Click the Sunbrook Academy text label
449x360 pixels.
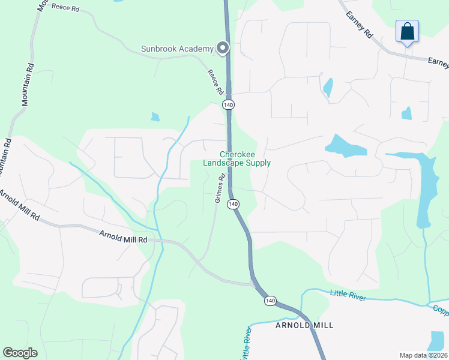click(177, 49)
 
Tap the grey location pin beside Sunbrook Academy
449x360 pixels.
click(223, 48)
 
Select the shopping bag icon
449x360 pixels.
click(407, 32)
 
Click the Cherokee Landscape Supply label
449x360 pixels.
click(237, 158)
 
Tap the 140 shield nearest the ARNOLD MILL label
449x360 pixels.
click(270, 301)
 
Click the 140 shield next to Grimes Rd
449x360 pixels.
click(234, 205)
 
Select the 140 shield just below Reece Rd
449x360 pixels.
click(228, 105)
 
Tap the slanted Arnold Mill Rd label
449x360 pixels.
click(19, 206)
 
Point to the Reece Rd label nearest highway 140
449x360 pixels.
click(215, 82)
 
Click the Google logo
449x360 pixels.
click(20, 353)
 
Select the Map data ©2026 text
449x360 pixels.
click(423, 355)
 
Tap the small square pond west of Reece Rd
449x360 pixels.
click(155, 116)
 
